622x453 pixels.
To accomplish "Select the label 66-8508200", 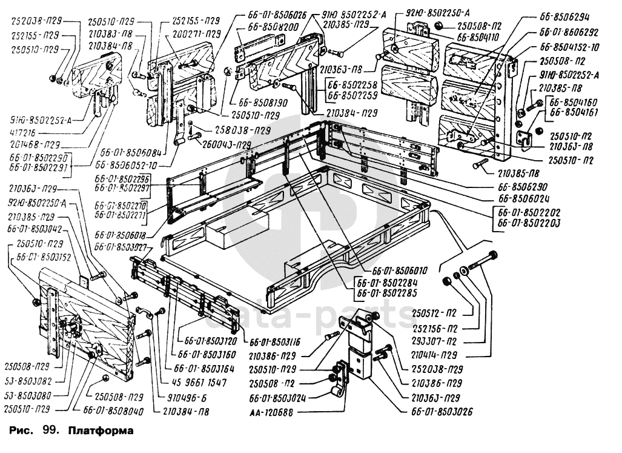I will (x=274, y=27).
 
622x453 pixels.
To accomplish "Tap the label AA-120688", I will (x=270, y=412).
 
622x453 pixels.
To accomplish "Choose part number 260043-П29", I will (x=225, y=144).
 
